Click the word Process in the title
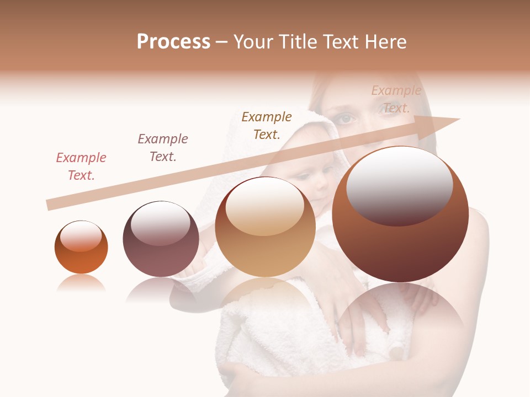[173, 42]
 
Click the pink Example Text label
[81, 167]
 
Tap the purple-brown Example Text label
[163, 148]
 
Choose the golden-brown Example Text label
[267, 125]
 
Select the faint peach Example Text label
[396, 99]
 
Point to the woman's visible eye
[346, 119]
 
